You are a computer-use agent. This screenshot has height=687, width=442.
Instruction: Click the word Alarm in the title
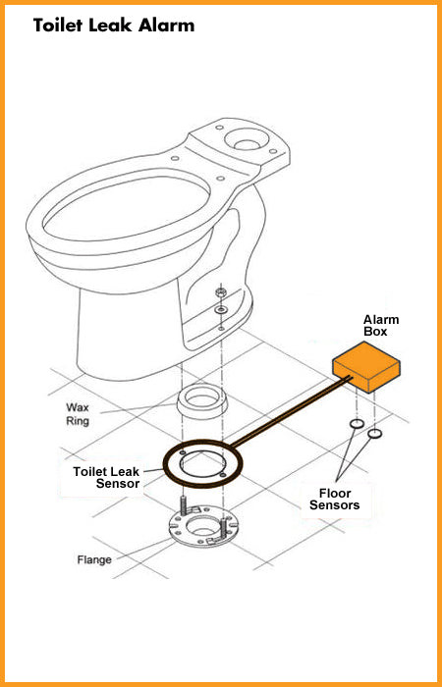tap(166, 26)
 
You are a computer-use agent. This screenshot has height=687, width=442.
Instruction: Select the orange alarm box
tap(366, 366)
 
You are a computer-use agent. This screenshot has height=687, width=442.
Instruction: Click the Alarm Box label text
tap(381, 325)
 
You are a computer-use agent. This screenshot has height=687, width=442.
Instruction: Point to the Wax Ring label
tap(78, 414)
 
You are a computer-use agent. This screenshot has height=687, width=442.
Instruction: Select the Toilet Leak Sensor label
tap(106, 477)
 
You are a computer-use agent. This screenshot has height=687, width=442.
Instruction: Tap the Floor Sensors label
tap(335, 499)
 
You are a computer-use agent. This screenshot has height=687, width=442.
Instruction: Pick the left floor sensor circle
tap(357, 424)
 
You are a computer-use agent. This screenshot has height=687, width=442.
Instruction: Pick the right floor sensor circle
tap(374, 434)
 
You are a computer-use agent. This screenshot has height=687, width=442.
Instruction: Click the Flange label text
tap(94, 559)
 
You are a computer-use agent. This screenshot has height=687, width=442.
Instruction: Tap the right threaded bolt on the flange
tap(224, 528)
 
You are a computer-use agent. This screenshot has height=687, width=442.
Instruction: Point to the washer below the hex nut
tap(220, 310)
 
